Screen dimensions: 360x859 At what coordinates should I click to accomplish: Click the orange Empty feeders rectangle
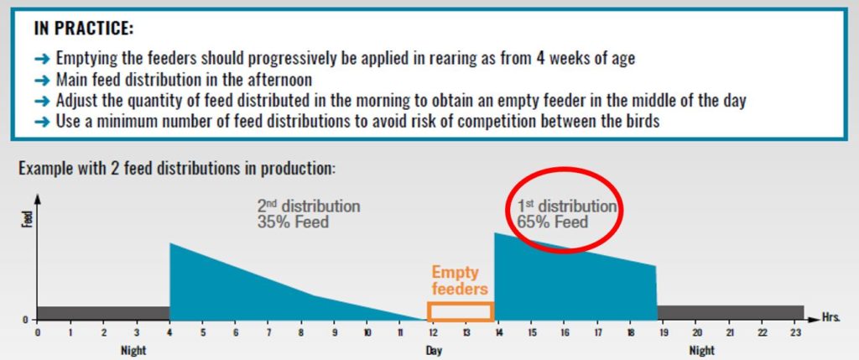[460, 311]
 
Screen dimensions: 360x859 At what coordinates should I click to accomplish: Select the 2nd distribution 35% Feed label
[309, 214]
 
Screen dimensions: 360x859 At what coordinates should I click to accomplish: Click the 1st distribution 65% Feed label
[564, 214]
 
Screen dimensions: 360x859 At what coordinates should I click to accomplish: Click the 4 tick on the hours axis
[170, 333]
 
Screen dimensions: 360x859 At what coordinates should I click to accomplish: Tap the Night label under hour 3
[137, 349]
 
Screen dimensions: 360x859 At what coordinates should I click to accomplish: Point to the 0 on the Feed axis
[26, 320]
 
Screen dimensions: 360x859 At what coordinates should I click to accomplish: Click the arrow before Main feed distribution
[44, 81]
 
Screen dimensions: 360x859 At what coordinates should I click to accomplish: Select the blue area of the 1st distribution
[570, 281]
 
